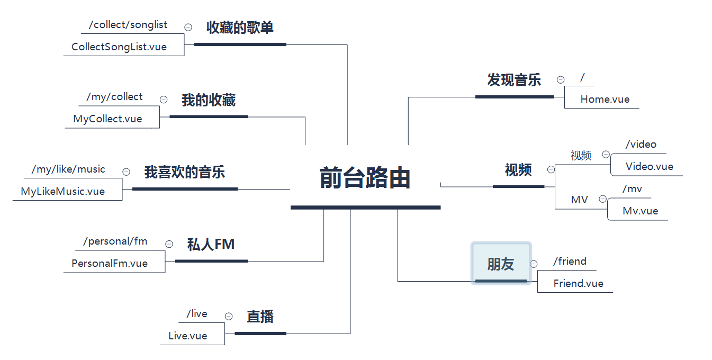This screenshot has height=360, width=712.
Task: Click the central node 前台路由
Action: tap(365, 178)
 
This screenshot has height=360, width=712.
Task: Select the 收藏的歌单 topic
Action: tap(240, 28)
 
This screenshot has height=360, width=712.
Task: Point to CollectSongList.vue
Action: tap(119, 47)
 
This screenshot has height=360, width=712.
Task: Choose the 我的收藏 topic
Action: tap(209, 101)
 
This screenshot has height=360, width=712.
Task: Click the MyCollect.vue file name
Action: tap(108, 119)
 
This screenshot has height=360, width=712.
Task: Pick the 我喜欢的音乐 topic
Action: tap(185, 172)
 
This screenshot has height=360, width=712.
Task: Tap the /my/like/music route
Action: tap(68, 169)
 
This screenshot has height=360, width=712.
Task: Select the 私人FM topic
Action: tap(211, 245)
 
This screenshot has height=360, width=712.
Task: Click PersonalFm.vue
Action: tap(110, 264)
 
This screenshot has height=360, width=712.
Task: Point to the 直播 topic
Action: tap(260, 317)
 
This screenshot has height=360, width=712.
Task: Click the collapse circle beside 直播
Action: tap(229, 317)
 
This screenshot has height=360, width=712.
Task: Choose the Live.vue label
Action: tap(188, 336)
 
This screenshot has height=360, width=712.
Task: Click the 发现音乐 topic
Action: tap(514, 80)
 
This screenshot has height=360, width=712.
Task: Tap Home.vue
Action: tap(605, 100)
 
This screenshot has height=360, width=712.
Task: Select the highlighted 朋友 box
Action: tap(501, 264)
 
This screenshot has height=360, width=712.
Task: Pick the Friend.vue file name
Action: tap(579, 284)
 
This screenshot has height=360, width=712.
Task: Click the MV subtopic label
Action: tap(579, 200)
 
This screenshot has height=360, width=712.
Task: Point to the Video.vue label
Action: tap(650, 167)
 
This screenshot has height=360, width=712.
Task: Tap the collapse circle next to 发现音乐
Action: tap(561, 80)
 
